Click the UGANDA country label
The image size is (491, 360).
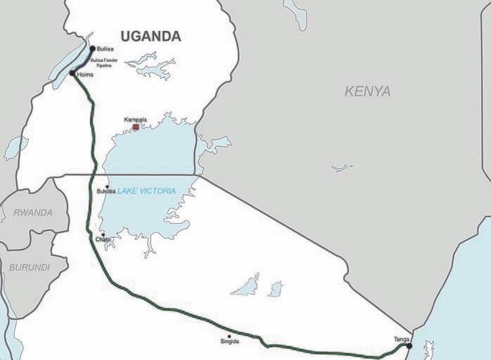[x=151, y=37]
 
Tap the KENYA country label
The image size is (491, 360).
[x=367, y=91]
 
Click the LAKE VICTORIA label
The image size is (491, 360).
[x=146, y=191]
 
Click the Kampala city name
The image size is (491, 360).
[x=135, y=120]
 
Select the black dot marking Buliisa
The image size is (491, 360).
[x=93, y=48]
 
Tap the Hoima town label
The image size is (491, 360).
[x=86, y=74]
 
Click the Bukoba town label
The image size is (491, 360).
[x=106, y=192]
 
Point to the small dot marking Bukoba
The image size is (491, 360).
[x=107, y=186]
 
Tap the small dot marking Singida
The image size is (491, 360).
[x=229, y=336]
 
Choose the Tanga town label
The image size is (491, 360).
[x=402, y=340]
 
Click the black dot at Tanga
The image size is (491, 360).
[x=409, y=346]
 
